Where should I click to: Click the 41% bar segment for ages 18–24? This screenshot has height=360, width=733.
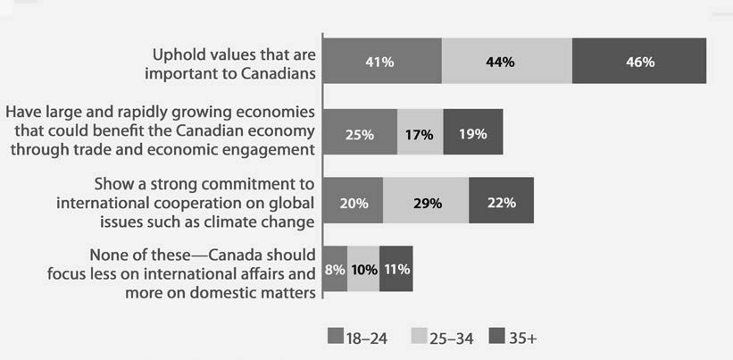pos(381,62)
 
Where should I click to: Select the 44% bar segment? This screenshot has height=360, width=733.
pos(506,62)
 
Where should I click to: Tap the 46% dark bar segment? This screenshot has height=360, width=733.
pos(639,62)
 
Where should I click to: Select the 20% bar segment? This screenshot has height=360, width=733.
pos(353,201)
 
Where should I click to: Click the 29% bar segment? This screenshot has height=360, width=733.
pos(426,201)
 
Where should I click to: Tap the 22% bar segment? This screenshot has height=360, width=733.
pos(501,201)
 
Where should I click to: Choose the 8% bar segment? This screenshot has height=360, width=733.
pos(335,268)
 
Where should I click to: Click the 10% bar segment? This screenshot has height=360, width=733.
pos(363,268)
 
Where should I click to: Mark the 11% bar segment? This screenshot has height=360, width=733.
pos(396,268)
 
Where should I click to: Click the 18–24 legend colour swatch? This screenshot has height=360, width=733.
pos(336,337)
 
